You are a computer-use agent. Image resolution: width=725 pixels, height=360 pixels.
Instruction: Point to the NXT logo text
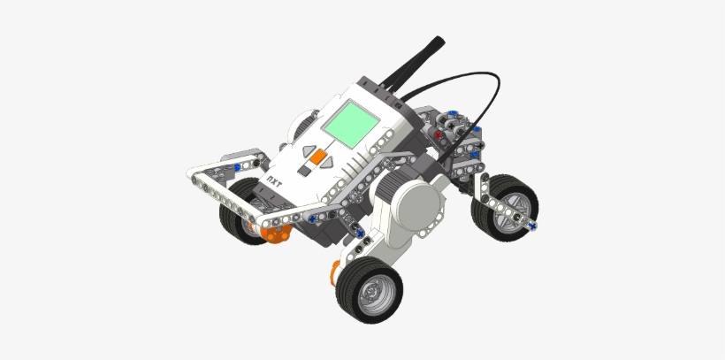pos(276,180)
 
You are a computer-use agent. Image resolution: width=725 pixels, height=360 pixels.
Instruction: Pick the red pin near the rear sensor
pos(439,136)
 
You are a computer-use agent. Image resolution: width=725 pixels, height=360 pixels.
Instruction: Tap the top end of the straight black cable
pos(439,40)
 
